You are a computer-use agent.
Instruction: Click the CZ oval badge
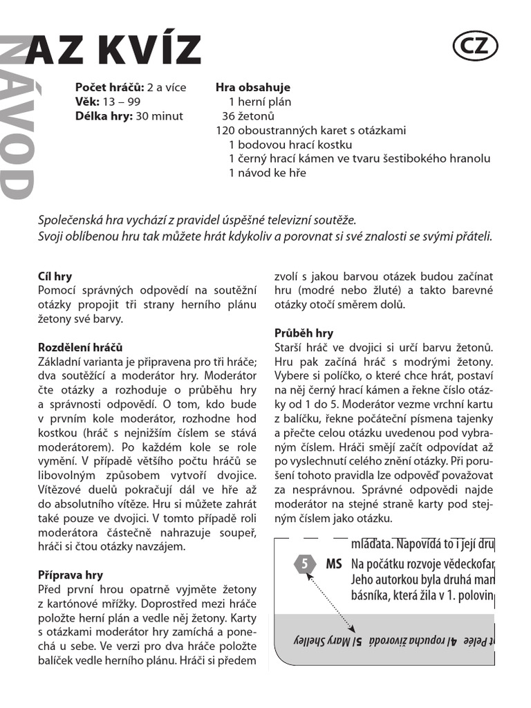[x=475, y=46]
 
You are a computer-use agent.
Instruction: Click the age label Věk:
[x=88, y=102]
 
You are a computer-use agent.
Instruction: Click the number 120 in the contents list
[x=225, y=131]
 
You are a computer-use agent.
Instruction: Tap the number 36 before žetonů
[x=229, y=116]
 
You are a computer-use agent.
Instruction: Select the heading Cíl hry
[x=55, y=277]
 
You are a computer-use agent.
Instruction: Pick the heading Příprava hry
[x=70, y=575]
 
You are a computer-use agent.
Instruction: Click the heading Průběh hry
[x=304, y=333]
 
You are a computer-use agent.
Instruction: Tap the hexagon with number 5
[x=304, y=563]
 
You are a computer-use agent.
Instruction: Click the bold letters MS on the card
[x=333, y=563]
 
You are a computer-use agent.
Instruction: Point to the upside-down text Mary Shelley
[x=326, y=640]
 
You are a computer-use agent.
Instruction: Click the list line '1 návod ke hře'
[x=267, y=173]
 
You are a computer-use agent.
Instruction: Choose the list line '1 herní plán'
[x=259, y=102]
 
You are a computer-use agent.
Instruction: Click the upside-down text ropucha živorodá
[x=406, y=640]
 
